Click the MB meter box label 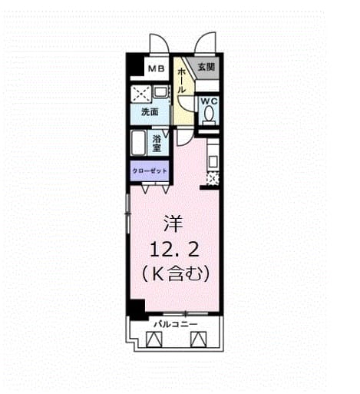(x=157, y=68)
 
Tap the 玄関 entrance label (x=206, y=67)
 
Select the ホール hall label (x=180, y=81)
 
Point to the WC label (x=209, y=101)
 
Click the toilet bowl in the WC (x=210, y=114)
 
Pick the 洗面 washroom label (x=150, y=112)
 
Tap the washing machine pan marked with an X (x=140, y=93)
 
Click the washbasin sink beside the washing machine (x=160, y=92)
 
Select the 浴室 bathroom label (x=157, y=144)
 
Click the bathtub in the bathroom (x=138, y=143)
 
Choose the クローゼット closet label (x=150, y=171)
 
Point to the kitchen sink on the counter (x=213, y=162)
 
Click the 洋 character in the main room (x=173, y=223)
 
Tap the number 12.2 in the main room (x=174, y=250)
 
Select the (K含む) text (x=176, y=273)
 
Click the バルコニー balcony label (x=176, y=324)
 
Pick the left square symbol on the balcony (x=154, y=339)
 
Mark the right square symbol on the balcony (x=199, y=339)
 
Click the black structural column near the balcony (x=137, y=310)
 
